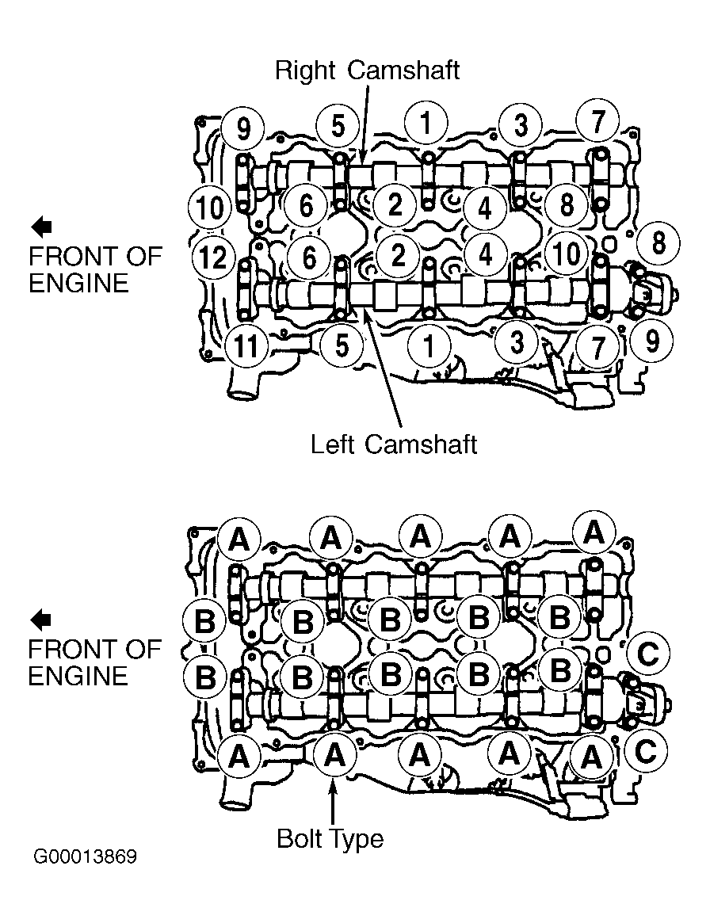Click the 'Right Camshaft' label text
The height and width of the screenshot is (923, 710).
[x=367, y=70]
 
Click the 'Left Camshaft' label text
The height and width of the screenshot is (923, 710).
[x=393, y=444]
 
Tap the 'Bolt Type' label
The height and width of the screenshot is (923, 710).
[x=330, y=839]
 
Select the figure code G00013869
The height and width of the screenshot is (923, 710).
[x=86, y=856]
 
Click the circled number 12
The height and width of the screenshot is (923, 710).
[x=213, y=257]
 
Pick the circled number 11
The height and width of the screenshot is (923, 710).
[x=246, y=345]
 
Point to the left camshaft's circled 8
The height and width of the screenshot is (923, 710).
[x=658, y=243]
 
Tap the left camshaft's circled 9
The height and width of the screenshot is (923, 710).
[x=651, y=341]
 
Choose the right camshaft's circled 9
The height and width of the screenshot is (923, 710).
[x=242, y=128]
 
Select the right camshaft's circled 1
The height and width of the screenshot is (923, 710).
[x=426, y=124]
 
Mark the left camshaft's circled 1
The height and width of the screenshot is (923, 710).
[x=429, y=346]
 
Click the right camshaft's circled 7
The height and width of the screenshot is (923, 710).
[x=597, y=122]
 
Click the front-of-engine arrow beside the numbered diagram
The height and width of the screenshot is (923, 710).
[x=41, y=227]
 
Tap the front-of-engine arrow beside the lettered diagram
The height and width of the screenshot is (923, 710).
[x=40, y=620]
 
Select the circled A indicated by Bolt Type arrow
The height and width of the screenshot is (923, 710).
[x=334, y=755]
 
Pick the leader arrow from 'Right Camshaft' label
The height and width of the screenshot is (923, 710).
[x=364, y=124]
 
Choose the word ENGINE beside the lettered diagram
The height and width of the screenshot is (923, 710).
[x=78, y=677]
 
